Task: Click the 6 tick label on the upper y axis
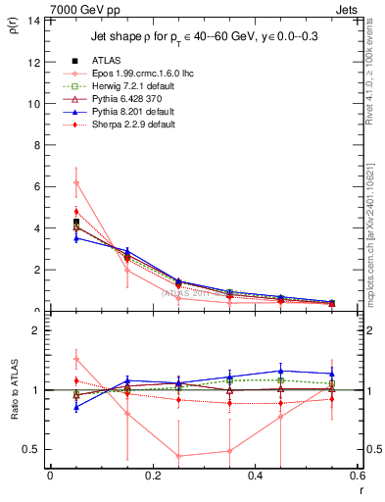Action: (x=36, y=186)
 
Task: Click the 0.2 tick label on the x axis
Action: (x=152, y=476)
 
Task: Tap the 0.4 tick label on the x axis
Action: (x=255, y=476)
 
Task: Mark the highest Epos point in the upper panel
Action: (x=75, y=182)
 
